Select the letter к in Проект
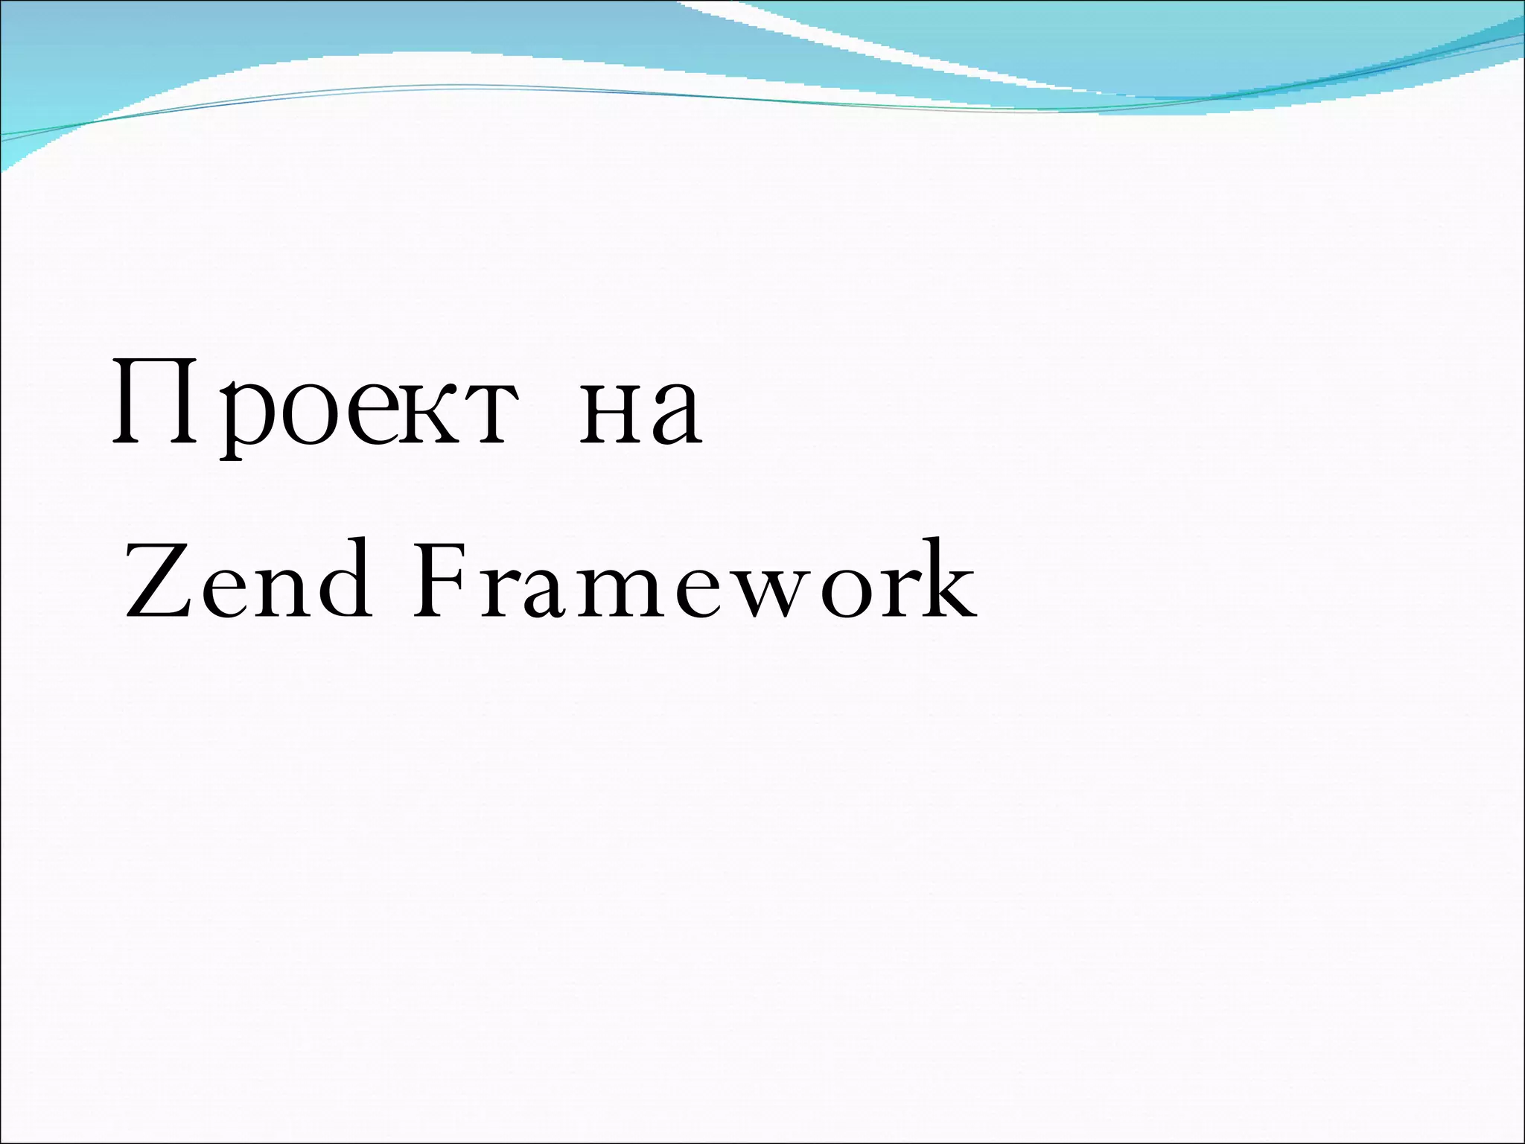click(x=424, y=414)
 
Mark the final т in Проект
click(x=483, y=414)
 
